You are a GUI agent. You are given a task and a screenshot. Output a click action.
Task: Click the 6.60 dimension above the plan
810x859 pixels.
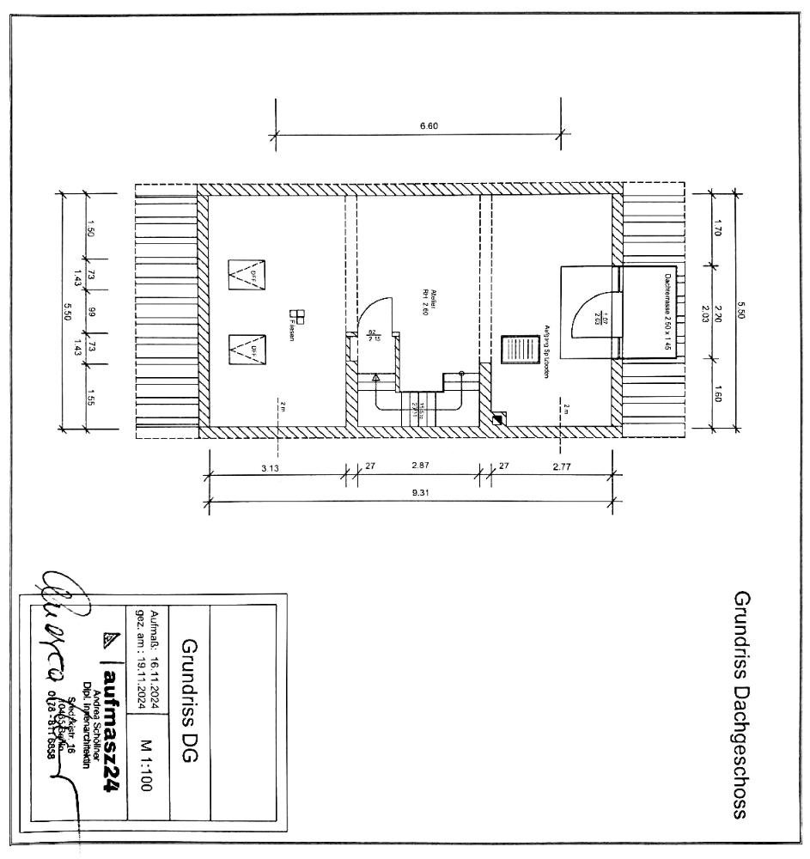pyautogui.click(x=429, y=125)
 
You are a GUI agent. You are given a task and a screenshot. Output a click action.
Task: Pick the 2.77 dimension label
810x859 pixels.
pyautogui.click(x=563, y=468)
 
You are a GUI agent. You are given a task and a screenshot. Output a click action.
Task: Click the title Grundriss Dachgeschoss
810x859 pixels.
pyautogui.click(x=742, y=704)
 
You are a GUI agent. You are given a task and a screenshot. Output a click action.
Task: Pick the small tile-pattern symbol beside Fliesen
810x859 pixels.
pyautogui.click(x=298, y=316)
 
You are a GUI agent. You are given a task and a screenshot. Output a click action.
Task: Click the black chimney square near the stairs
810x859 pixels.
pyautogui.click(x=497, y=419)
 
